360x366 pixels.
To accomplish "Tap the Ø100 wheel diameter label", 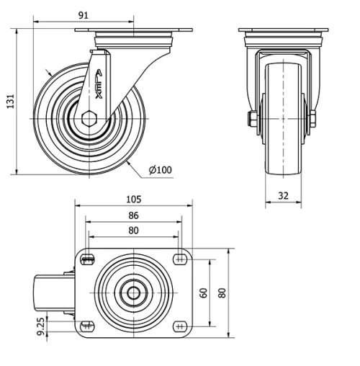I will [160, 169].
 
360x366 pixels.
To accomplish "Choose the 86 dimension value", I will [133, 215].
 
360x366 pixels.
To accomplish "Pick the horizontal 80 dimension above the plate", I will [133, 231].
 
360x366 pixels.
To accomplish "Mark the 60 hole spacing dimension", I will [204, 293].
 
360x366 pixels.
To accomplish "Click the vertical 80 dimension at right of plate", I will [222, 293].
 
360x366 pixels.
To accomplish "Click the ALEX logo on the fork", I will [99, 86].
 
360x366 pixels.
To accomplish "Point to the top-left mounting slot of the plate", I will [88, 260].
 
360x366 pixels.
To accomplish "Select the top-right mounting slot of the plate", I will [179, 260].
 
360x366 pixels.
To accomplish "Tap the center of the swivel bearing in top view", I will [133, 293].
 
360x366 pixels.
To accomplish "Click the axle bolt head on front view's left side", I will [253, 119].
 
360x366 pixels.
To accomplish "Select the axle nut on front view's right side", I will [312, 119].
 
